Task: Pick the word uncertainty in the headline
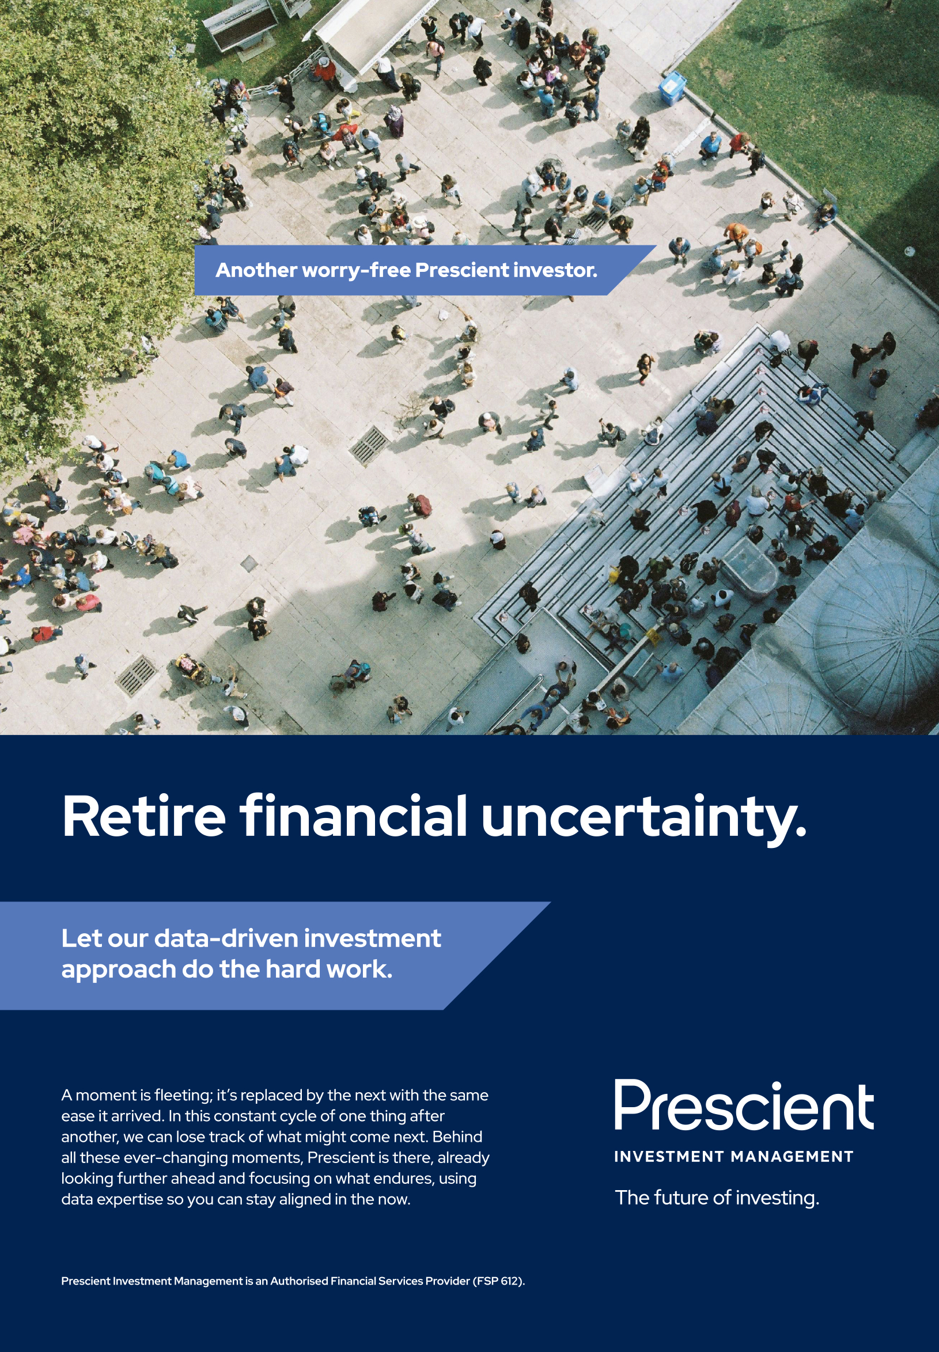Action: click(644, 820)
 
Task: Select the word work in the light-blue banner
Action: click(359, 969)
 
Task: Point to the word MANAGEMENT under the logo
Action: click(792, 1156)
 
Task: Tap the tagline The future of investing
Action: click(717, 1198)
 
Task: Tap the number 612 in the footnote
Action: click(509, 1281)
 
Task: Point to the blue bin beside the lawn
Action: click(672, 88)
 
